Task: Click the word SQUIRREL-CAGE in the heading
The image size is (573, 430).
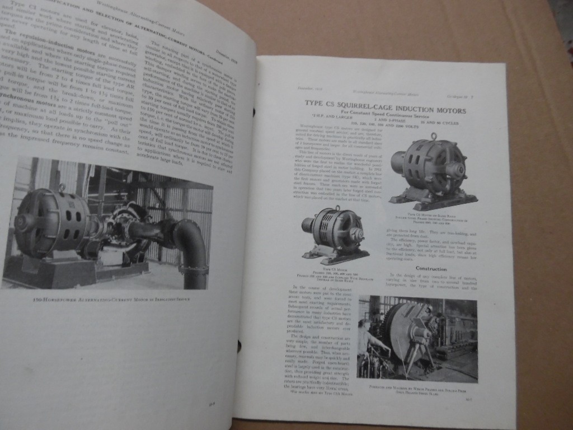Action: point(365,104)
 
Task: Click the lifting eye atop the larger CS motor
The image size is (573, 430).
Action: point(433,137)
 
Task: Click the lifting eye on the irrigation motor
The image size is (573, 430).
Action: point(62,188)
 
